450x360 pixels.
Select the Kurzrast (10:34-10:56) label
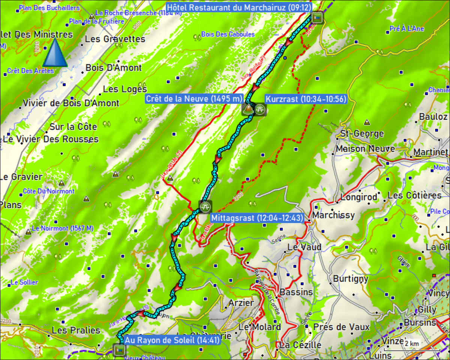(306, 99)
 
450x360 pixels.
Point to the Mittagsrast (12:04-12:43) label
(257, 218)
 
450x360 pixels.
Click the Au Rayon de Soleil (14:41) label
(172, 340)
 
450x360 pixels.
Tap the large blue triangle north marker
(55, 52)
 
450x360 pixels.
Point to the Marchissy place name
(333, 215)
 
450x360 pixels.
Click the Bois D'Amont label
(114, 68)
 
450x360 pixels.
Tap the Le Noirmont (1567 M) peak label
(63, 228)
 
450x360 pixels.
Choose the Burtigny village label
(351, 279)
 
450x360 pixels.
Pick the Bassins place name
(296, 292)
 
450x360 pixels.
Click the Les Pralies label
(76, 330)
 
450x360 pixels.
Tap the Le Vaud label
(304, 247)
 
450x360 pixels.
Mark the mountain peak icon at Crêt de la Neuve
(248, 109)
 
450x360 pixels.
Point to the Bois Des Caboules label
(228, 34)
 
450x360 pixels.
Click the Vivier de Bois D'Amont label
(71, 103)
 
